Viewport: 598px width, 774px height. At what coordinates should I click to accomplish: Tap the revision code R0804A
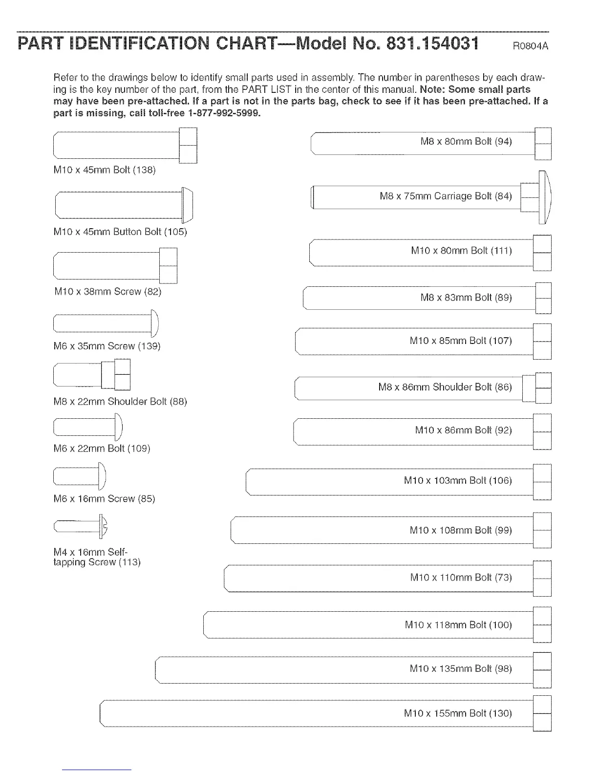tap(530, 46)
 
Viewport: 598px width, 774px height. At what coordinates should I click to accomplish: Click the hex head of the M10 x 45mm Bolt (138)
tap(188, 145)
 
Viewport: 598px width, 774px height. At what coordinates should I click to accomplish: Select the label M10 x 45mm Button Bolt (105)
tap(120, 232)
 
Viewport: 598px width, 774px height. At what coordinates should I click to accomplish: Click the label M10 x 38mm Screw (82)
tap(107, 292)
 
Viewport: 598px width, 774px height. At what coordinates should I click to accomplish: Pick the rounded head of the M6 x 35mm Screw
tap(154, 323)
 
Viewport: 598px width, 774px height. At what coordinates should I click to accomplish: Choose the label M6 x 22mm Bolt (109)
tap(102, 448)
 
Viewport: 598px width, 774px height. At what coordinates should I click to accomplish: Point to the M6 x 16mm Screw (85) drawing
tap(79, 476)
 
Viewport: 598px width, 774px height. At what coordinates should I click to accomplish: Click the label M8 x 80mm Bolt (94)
tap(466, 142)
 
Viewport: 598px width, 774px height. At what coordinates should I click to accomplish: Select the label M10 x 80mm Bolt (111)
tap(461, 251)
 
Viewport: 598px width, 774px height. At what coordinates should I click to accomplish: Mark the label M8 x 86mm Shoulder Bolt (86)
tap(445, 387)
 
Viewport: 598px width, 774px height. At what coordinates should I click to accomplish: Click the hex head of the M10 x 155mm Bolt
tap(542, 713)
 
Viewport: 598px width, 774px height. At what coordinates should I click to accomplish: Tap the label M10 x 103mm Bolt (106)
tap(457, 480)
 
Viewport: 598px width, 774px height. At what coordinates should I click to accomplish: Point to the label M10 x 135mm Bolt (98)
tap(460, 668)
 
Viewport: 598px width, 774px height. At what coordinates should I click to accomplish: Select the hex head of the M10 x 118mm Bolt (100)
tap(542, 624)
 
